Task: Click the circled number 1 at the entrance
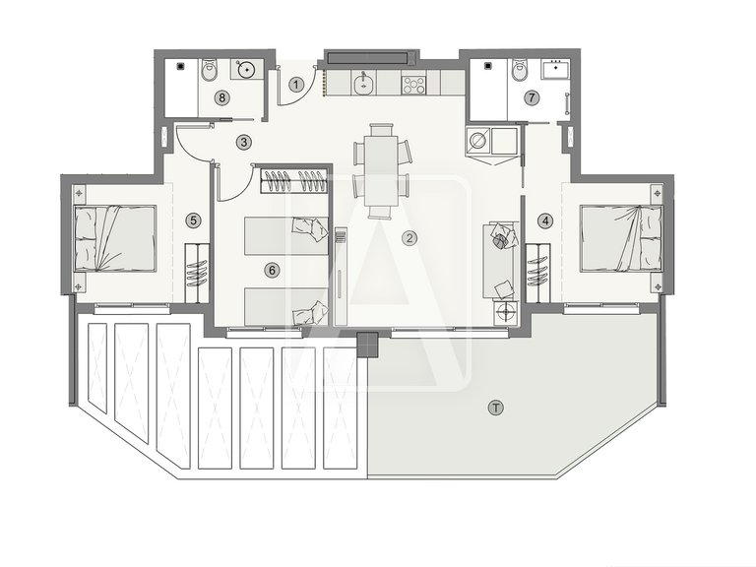tap(296, 84)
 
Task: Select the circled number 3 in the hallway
tap(243, 142)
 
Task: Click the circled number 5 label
tap(194, 220)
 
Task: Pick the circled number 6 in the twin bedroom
tap(273, 268)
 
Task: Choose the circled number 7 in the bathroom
tap(532, 97)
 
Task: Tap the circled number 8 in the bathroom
tap(223, 96)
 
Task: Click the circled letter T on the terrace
tap(495, 407)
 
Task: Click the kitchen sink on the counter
tap(364, 85)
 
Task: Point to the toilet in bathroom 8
tap(209, 71)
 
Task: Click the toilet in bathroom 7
tap(521, 70)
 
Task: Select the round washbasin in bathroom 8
tap(247, 69)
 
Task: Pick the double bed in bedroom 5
tap(115, 237)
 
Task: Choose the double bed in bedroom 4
tap(617, 237)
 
